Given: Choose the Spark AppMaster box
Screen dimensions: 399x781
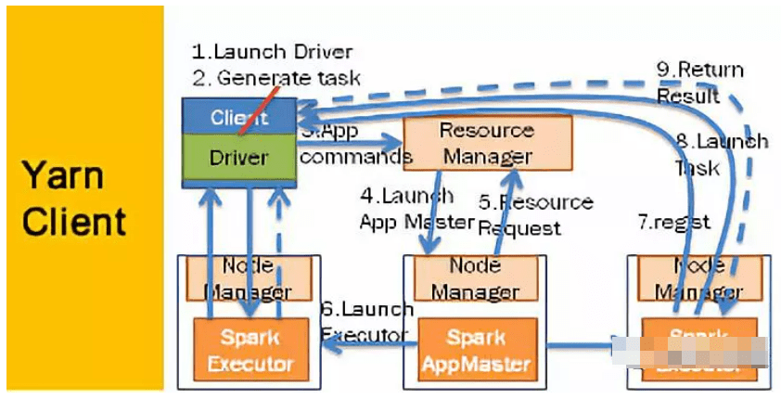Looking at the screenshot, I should pyautogui.click(x=475, y=348).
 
